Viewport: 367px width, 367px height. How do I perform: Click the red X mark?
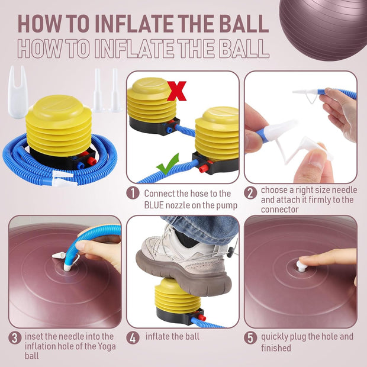click(177, 91)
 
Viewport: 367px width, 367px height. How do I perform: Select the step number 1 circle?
click(133, 194)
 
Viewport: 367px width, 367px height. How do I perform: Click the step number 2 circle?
click(250, 194)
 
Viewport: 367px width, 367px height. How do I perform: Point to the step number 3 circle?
click(15, 338)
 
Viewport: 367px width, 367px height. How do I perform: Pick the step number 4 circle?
click(133, 338)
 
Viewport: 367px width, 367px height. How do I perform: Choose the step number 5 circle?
click(250, 338)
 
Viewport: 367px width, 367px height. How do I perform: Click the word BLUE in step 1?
click(154, 205)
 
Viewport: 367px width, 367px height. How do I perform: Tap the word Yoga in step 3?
click(107, 346)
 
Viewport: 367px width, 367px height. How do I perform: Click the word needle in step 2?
click(345, 190)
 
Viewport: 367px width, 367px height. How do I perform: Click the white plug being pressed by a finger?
click(301, 266)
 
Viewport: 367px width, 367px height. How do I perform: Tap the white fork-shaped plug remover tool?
click(18, 92)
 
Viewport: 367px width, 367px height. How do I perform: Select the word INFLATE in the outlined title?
click(134, 49)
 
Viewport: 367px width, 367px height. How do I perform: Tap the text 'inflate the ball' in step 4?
click(172, 337)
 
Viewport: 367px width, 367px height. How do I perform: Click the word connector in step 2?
click(280, 209)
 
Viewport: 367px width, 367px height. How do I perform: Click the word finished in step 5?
click(276, 348)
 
